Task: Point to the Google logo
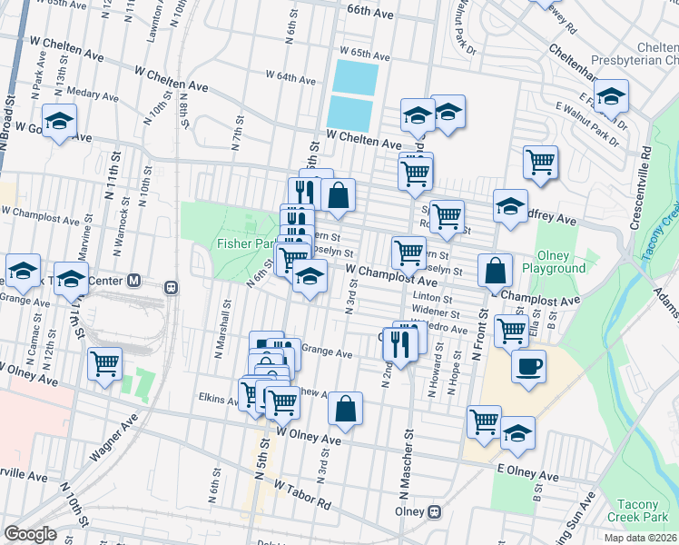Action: pyautogui.click(x=30, y=533)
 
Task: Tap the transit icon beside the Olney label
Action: pyautogui.click(x=435, y=511)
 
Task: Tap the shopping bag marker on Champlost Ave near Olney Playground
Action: pyautogui.click(x=496, y=270)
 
